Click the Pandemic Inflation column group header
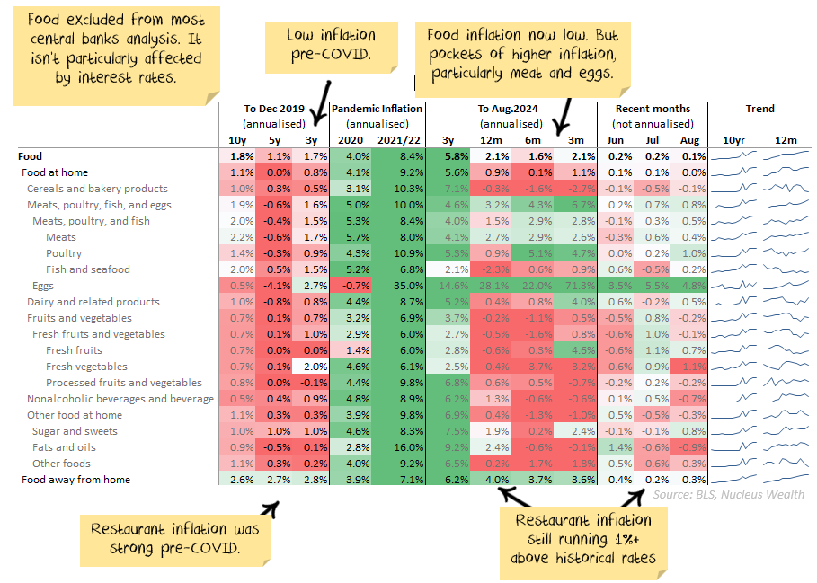[x=377, y=109]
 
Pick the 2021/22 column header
[x=398, y=140]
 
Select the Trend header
[x=759, y=109]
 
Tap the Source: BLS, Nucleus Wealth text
[x=729, y=494]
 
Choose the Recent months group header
[x=653, y=109]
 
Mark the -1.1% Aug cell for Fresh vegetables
[x=691, y=367]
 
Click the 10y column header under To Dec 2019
[x=237, y=140]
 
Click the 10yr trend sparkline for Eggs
[x=733, y=286]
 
